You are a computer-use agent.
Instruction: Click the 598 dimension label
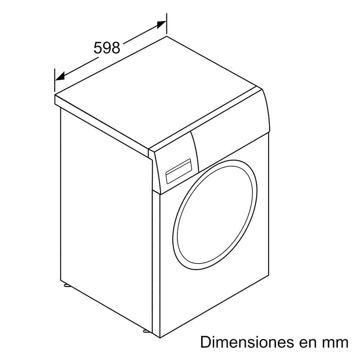click(x=107, y=48)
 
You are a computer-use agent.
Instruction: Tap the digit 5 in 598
click(x=98, y=48)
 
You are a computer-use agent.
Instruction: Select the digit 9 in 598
click(x=107, y=48)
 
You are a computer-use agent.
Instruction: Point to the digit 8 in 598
click(x=116, y=48)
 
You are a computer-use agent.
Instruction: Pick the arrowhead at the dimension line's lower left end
click(x=60, y=76)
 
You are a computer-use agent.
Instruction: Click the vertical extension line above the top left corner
click(x=55, y=80)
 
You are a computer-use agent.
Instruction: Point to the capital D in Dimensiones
click(x=206, y=342)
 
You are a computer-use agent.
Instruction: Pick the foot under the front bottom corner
click(x=146, y=331)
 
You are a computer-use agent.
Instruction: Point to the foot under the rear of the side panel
click(x=67, y=285)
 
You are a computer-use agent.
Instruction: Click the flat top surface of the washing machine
click(x=158, y=92)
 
